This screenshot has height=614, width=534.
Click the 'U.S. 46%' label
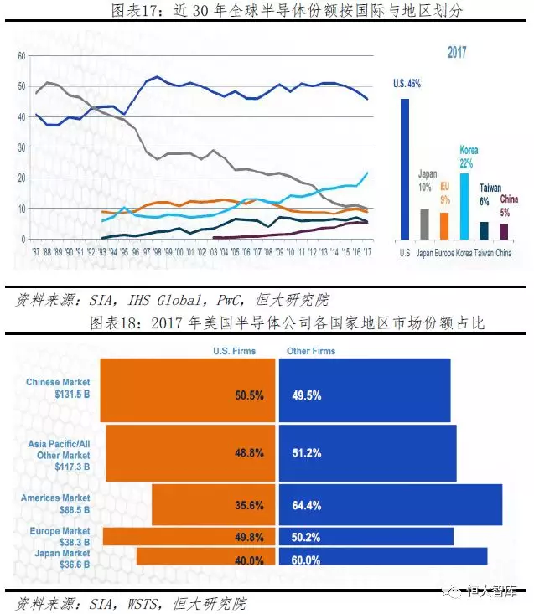(x=407, y=84)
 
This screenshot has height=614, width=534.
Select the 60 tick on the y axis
(x=23, y=55)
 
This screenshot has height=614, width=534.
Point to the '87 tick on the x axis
(x=35, y=250)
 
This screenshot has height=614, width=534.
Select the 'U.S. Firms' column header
(x=236, y=351)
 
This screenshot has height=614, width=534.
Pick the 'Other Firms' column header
(x=311, y=351)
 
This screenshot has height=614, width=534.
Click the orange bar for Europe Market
(x=189, y=536)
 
